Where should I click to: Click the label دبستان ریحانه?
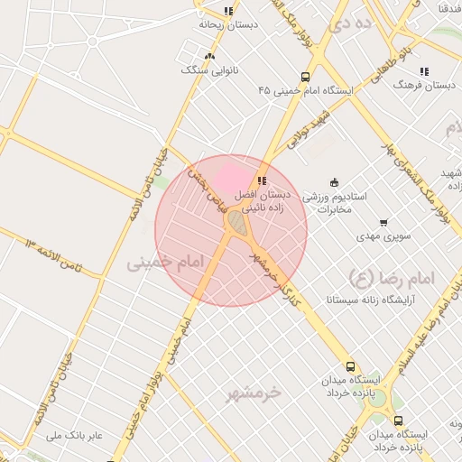(228, 24)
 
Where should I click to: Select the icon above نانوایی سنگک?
(209, 56)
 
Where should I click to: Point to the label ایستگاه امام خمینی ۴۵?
(308, 90)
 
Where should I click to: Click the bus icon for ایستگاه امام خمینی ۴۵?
(305, 77)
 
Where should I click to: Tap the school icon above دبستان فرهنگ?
(423, 71)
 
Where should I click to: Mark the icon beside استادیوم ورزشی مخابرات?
(335, 182)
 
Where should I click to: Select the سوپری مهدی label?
(383, 236)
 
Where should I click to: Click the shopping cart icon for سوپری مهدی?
(383, 222)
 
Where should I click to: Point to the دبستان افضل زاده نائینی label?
(263, 200)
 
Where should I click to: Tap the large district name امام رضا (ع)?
(392, 276)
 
